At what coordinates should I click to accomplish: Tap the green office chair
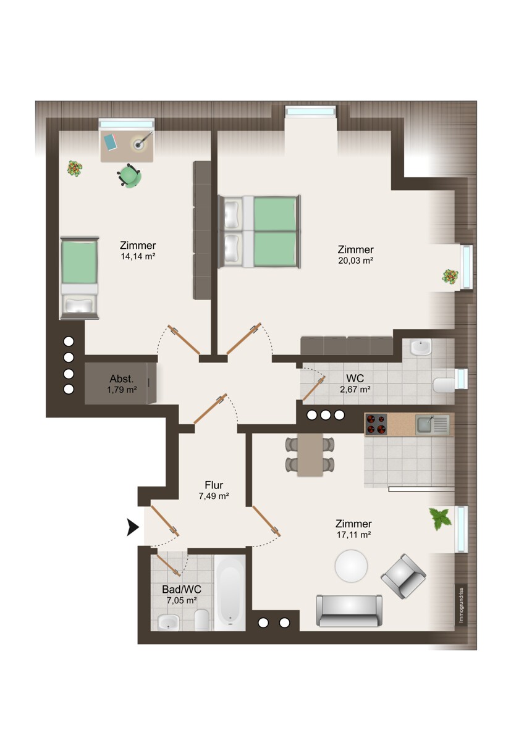129,175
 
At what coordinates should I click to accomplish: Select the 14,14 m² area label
138,256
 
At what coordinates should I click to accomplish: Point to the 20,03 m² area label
355,260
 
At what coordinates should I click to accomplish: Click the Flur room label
214,485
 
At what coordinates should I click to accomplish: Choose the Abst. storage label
122,379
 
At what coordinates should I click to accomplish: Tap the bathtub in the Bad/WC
230,593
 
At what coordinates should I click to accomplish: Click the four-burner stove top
376,424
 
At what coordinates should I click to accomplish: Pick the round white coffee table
351,566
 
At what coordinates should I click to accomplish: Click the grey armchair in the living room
404,576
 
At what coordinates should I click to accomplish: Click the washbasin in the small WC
421,347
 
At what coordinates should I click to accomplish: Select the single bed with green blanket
79,278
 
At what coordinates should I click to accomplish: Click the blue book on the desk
110,142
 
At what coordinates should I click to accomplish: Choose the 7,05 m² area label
182,600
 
